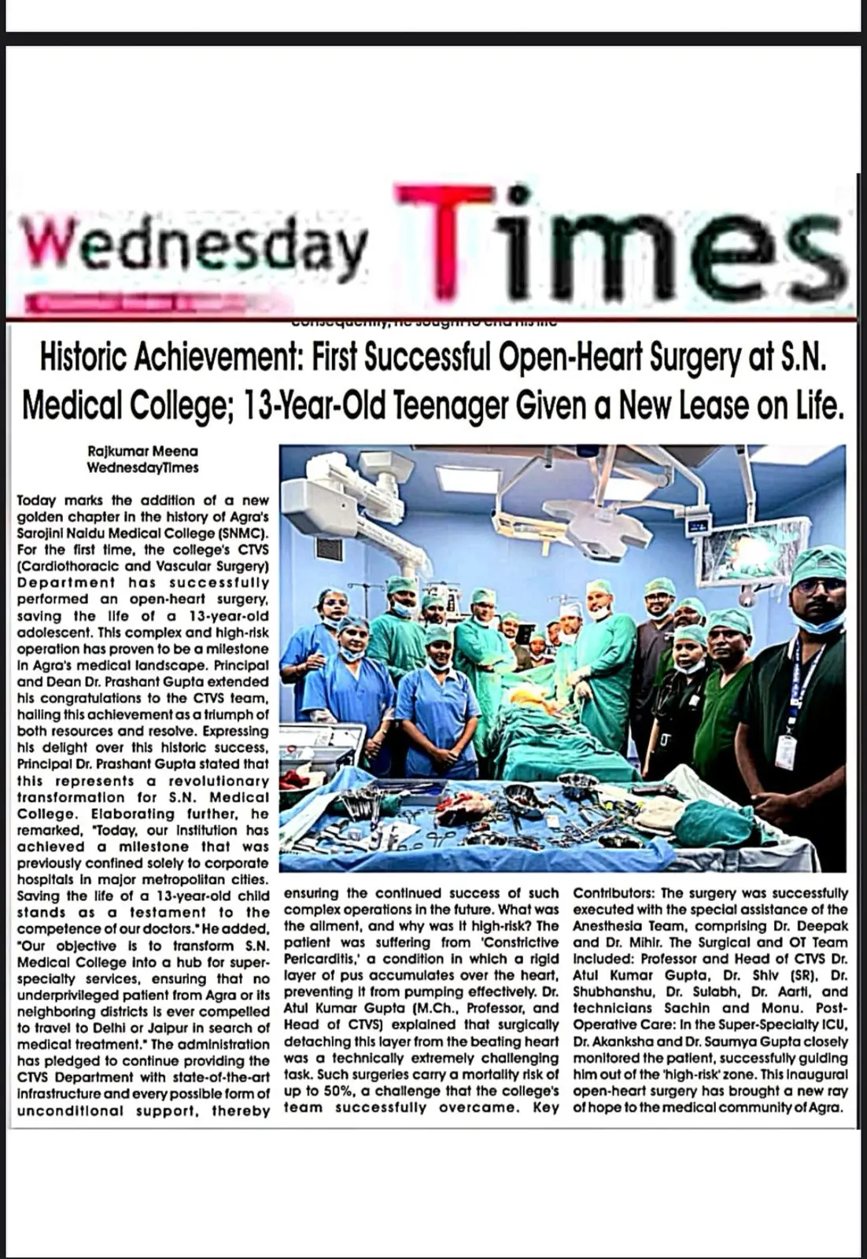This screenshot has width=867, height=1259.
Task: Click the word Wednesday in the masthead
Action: click(193, 245)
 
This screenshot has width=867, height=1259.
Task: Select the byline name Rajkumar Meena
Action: click(142, 451)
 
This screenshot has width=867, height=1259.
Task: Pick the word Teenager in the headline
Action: click(450, 405)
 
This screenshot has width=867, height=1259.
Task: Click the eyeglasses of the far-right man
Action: click(818, 585)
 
